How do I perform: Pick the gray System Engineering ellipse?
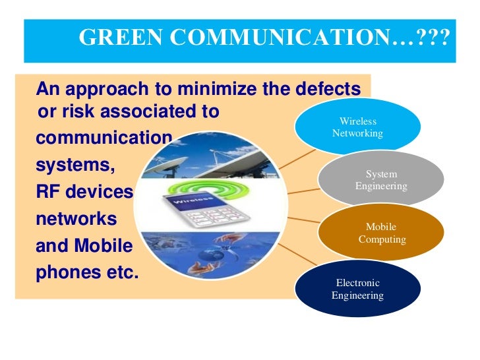381,180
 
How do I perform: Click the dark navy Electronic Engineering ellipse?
358,289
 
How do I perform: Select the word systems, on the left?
75,165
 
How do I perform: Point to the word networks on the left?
76,219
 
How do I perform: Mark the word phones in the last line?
67,272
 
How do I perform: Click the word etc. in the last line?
121,272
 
